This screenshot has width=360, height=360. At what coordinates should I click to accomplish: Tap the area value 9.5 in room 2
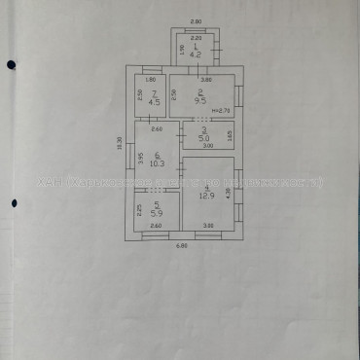point(199,99)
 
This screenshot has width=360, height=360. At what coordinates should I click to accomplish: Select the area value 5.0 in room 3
point(203,139)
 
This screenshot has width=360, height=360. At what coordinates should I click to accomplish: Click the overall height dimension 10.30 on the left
point(120,143)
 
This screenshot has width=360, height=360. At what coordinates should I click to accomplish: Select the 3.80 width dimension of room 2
point(205,79)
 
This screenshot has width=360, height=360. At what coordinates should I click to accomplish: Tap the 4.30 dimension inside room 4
point(230,194)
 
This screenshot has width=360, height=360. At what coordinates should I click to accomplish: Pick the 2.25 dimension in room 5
point(140,208)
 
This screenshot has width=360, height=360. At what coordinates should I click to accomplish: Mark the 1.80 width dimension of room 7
point(151,79)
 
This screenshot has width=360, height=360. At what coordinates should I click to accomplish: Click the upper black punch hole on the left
point(11,64)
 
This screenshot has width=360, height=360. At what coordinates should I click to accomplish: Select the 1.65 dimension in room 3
point(230,134)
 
